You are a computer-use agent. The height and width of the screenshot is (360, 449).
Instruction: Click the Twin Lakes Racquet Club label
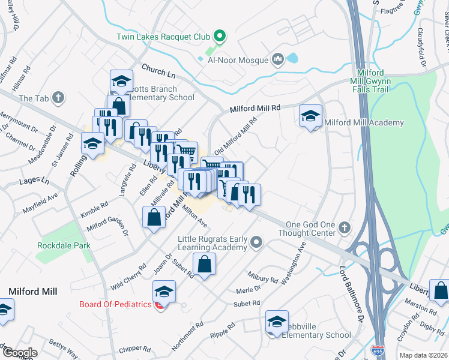(163, 37)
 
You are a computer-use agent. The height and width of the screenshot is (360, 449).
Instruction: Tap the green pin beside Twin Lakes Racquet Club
(220, 37)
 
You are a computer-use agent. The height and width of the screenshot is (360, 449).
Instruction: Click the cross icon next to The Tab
(58, 97)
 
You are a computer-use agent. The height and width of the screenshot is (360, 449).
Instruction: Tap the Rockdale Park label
(63, 245)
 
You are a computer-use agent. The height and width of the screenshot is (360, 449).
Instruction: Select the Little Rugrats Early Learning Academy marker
(257, 243)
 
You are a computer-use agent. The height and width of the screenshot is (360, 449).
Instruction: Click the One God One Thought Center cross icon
(344, 227)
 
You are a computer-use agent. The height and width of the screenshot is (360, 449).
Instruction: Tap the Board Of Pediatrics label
(115, 304)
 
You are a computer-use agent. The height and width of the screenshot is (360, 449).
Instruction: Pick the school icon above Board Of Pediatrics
(164, 291)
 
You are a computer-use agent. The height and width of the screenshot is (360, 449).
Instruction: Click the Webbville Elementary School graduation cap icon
(277, 322)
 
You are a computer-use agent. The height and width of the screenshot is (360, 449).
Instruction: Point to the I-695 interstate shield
(378, 349)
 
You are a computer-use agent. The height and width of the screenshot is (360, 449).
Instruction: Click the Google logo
(19, 352)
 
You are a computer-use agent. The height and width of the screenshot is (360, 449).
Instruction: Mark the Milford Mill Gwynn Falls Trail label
(370, 80)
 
